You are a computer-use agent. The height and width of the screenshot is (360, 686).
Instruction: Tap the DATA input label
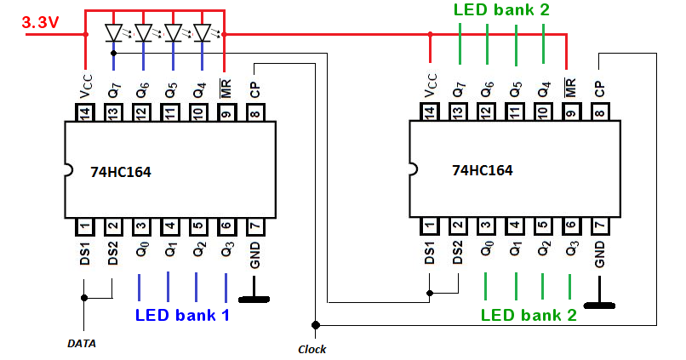tap(82, 344)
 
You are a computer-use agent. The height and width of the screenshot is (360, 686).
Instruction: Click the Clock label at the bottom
tap(312, 349)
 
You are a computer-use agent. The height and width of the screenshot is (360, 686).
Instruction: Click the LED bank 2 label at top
tap(501, 10)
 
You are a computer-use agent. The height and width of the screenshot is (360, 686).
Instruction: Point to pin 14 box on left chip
tap(85, 111)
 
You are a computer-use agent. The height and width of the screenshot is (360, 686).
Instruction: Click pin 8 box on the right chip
tap(599, 111)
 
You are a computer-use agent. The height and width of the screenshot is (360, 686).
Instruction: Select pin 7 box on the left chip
tap(254, 226)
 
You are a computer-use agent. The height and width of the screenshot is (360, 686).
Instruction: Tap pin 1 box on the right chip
tap(430, 226)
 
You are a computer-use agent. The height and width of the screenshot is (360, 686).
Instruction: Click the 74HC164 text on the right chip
tap(482, 170)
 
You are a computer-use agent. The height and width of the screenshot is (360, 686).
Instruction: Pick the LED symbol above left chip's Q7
tap(114, 33)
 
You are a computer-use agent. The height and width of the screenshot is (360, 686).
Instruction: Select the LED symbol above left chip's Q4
tap(202, 33)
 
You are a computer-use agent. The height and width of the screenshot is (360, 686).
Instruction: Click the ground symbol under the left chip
tap(254, 299)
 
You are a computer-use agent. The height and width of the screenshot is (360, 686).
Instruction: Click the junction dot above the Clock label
tap(315, 324)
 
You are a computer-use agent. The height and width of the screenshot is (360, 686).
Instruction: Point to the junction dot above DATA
tap(84, 297)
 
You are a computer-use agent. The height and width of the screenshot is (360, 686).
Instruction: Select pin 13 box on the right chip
tap(459, 111)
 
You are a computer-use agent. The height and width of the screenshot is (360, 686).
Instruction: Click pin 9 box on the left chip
tap(226, 111)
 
